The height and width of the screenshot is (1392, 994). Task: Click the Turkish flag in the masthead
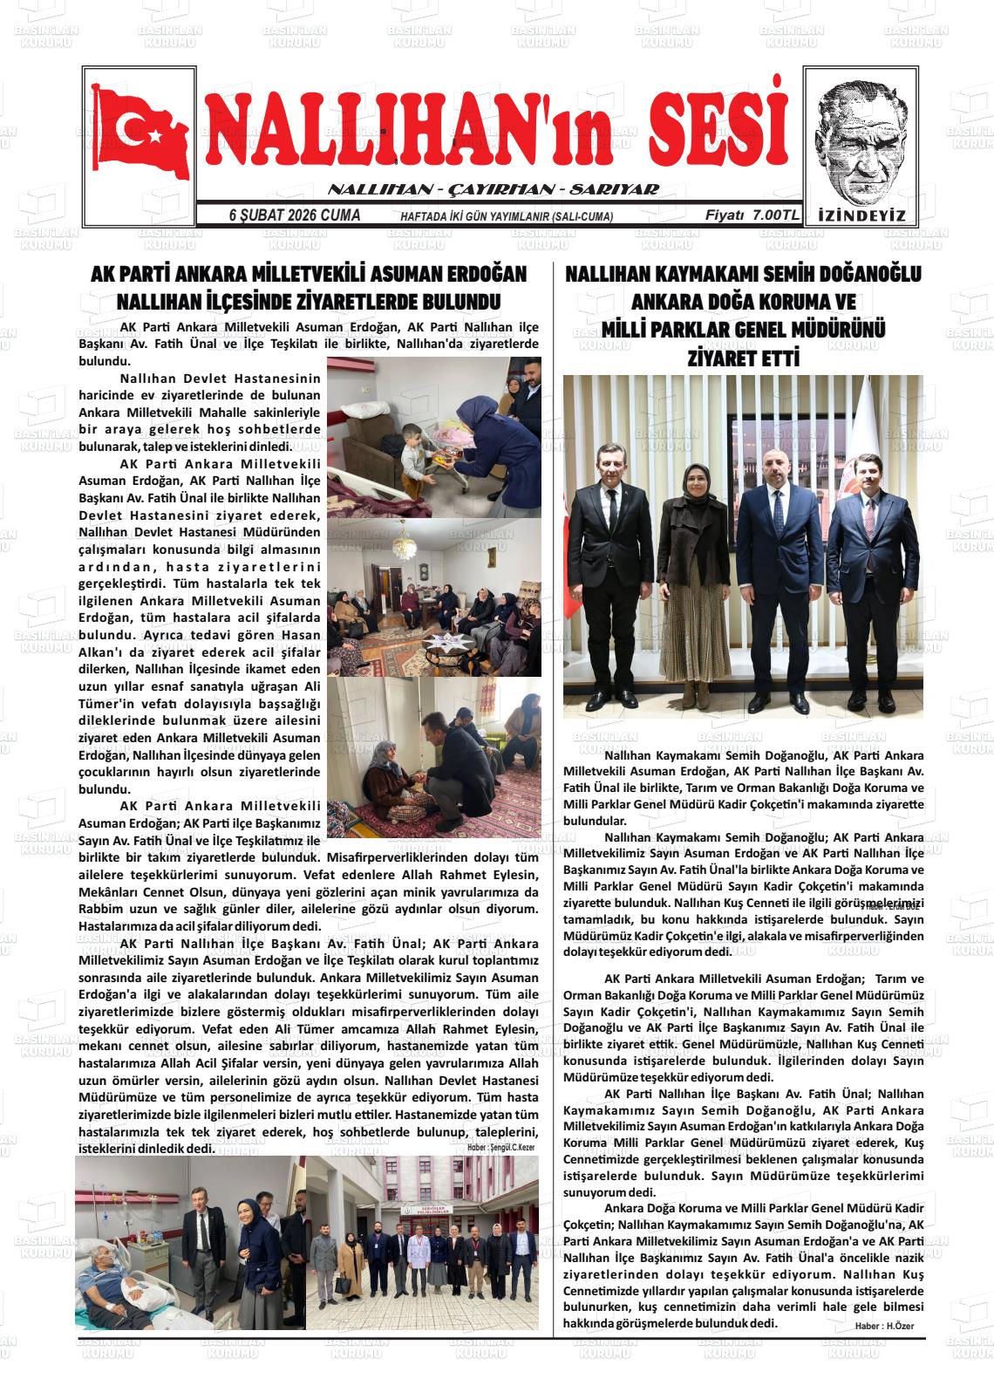[139, 132]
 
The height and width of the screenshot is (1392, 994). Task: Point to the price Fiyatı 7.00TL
[752, 215]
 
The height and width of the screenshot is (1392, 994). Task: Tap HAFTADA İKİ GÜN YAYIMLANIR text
[507, 217]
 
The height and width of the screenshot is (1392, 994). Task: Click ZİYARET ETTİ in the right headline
[743, 358]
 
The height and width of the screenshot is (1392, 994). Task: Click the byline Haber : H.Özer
[885, 1326]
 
